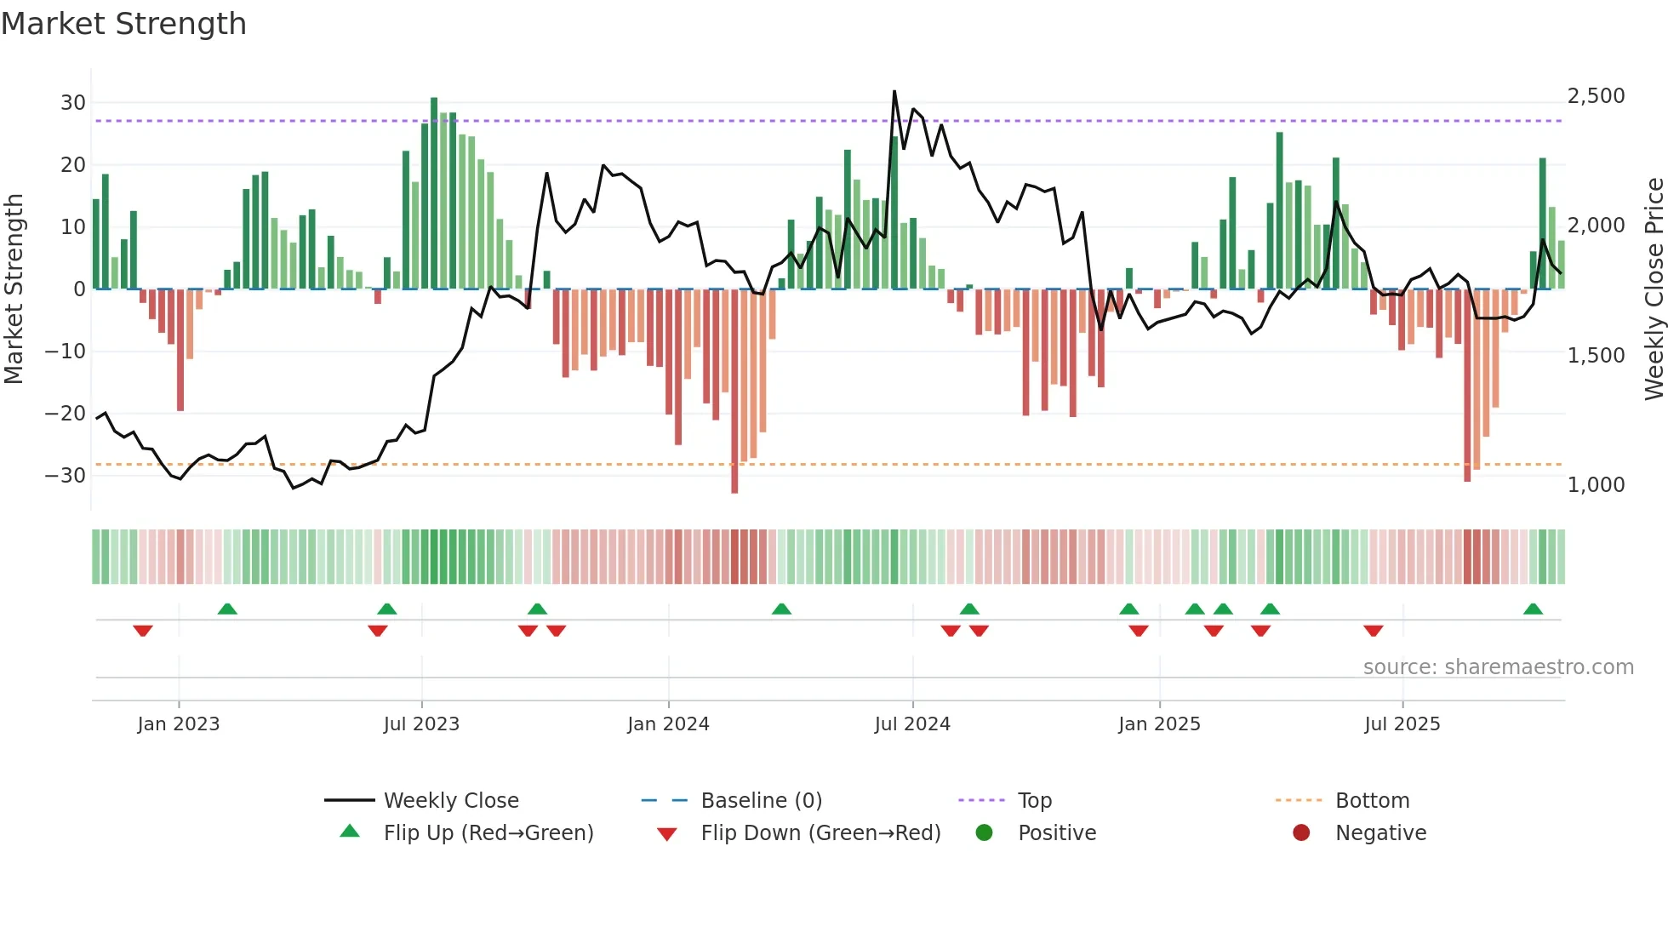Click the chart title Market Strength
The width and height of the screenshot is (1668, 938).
123,24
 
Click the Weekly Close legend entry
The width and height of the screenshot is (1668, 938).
450,800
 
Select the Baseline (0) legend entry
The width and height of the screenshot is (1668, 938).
761,800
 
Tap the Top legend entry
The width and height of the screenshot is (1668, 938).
1034,800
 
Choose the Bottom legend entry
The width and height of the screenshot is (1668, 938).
1372,800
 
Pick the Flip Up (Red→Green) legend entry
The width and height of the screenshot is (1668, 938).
488,832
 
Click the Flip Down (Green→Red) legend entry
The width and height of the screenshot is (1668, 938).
820,832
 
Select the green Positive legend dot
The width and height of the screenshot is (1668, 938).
985,832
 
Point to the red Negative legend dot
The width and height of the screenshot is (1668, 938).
1301,832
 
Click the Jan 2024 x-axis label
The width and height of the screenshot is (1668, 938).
668,724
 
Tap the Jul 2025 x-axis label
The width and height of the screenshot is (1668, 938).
1402,724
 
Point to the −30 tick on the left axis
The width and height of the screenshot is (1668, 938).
66,476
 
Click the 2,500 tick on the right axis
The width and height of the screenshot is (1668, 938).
1596,96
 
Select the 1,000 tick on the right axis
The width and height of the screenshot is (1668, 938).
1596,485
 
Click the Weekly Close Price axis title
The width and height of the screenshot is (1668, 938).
1654,289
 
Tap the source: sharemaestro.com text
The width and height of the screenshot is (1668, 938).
1498,667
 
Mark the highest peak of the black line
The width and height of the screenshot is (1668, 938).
894,91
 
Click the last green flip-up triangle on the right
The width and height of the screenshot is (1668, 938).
1533,609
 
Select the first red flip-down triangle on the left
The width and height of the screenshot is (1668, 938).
143,631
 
